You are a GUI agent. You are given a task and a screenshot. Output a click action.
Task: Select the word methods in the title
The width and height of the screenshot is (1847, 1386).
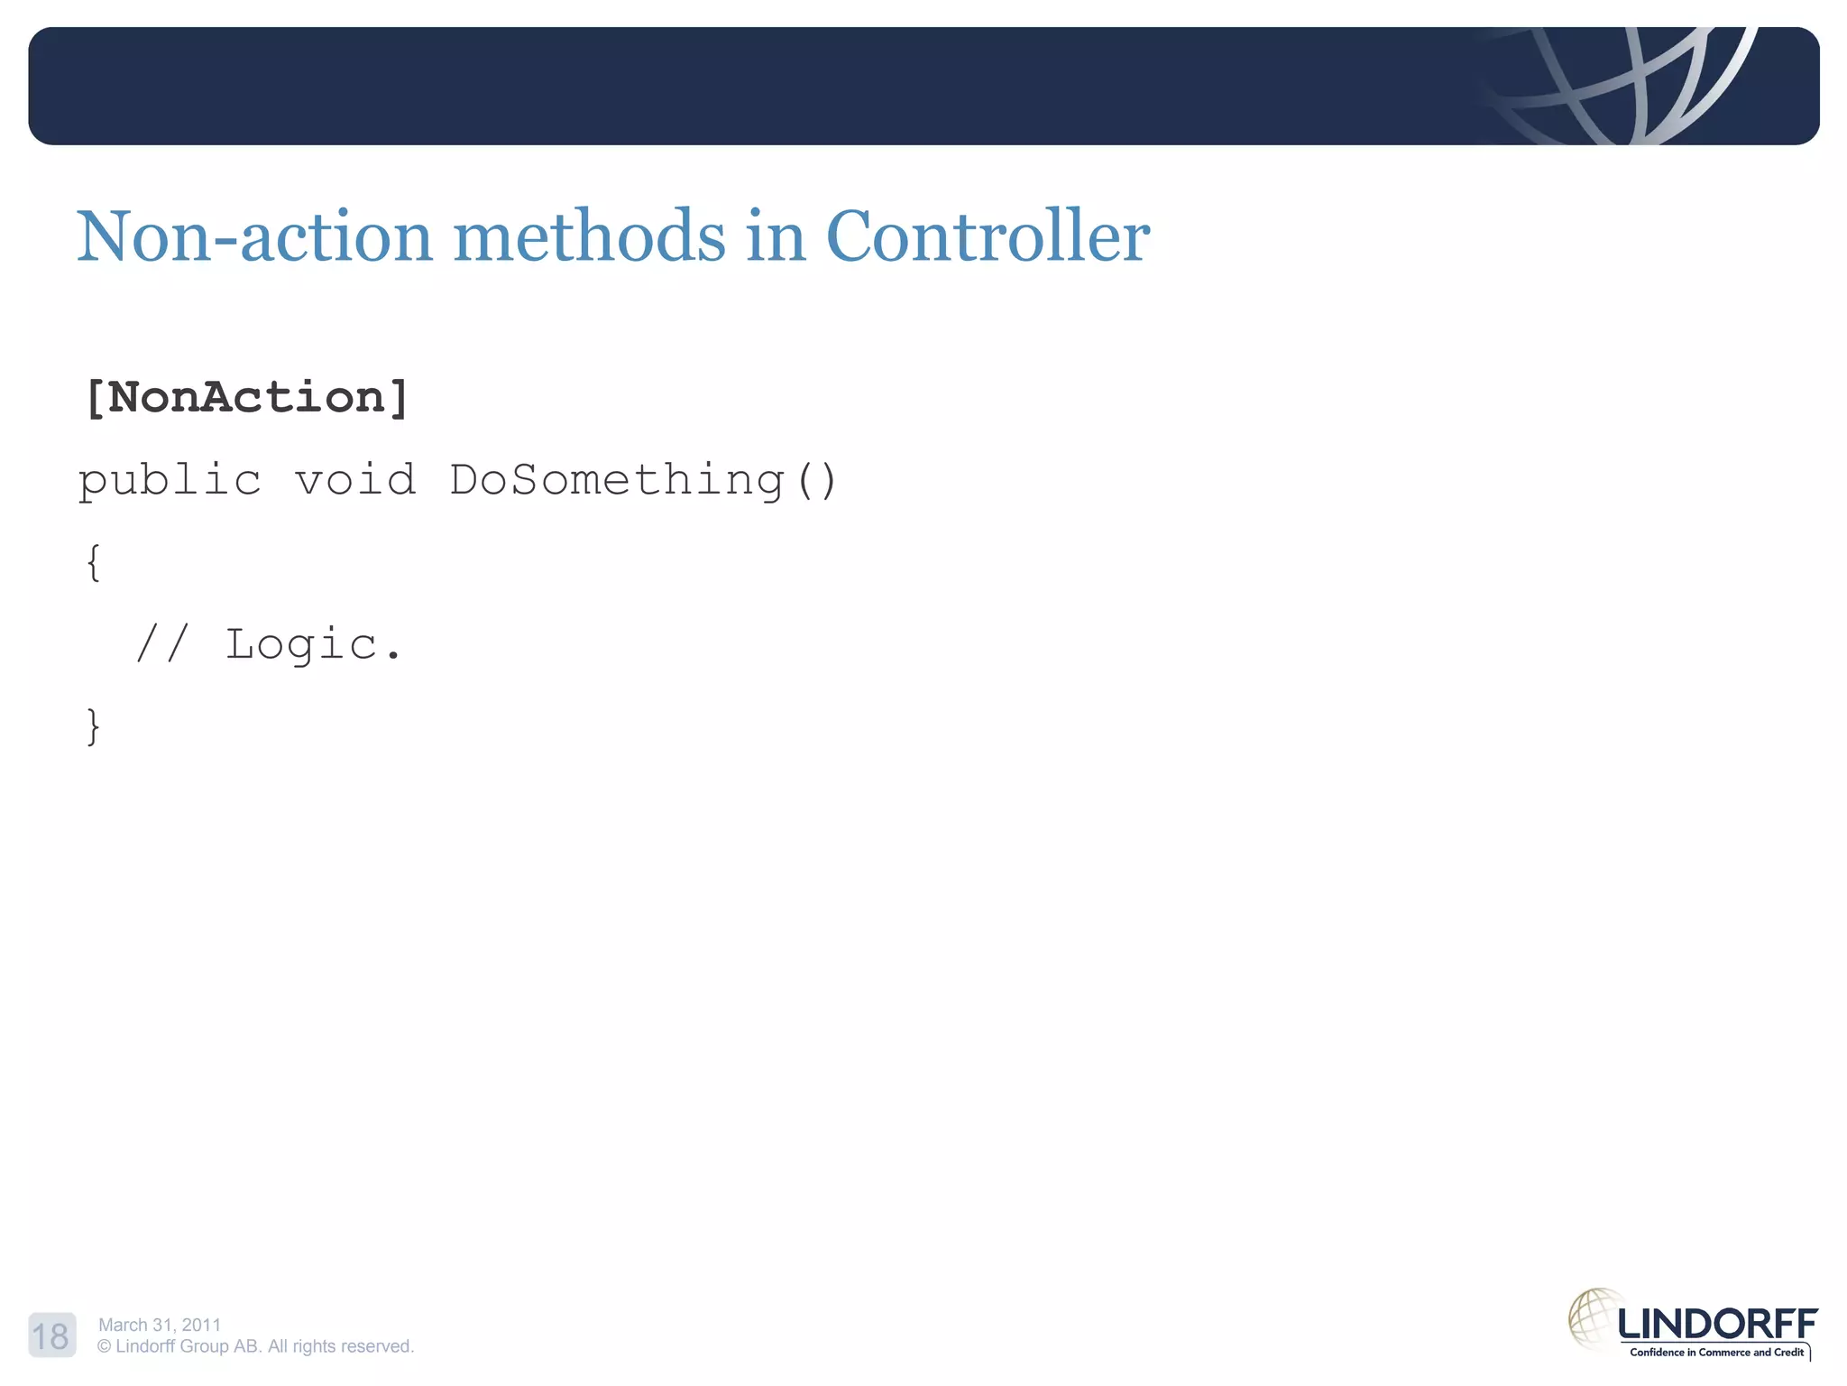pyautogui.click(x=589, y=236)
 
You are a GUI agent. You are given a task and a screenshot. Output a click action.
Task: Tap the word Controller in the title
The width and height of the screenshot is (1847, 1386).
pyautogui.click(x=988, y=236)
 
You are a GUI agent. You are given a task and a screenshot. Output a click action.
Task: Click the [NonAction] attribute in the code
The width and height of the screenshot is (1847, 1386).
pyautogui.click(x=246, y=398)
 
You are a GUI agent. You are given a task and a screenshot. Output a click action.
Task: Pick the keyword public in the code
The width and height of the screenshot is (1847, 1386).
pyautogui.click(x=170, y=480)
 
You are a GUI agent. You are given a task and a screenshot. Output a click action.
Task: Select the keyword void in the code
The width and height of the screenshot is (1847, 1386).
pyautogui.click(x=355, y=480)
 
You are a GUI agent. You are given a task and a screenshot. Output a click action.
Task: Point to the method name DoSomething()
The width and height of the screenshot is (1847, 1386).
pyautogui.click(x=643, y=480)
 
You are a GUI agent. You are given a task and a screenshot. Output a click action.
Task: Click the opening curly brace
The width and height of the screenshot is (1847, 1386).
pyautogui.click(x=93, y=562)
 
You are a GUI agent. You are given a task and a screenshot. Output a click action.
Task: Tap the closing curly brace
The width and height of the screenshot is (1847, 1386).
pyautogui.click(x=93, y=726)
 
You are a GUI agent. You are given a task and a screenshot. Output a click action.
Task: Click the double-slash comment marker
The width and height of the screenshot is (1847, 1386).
pyautogui.click(x=162, y=644)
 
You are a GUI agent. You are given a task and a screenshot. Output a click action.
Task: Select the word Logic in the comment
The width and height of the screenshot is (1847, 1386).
pyautogui.click(x=301, y=644)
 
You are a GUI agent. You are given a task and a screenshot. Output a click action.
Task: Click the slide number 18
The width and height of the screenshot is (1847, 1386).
pyautogui.click(x=51, y=1335)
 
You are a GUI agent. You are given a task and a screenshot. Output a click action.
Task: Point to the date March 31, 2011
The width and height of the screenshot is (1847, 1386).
pyautogui.click(x=160, y=1325)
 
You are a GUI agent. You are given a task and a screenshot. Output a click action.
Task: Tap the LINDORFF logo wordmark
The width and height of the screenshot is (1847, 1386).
pyautogui.click(x=1717, y=1325)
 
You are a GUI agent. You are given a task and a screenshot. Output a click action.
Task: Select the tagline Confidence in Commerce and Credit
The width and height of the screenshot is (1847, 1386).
pyautogui.click(x=1715, y=1352)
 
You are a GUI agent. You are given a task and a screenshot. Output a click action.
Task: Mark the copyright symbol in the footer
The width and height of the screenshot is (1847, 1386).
pyautogui.click(x=105, y=1346)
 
